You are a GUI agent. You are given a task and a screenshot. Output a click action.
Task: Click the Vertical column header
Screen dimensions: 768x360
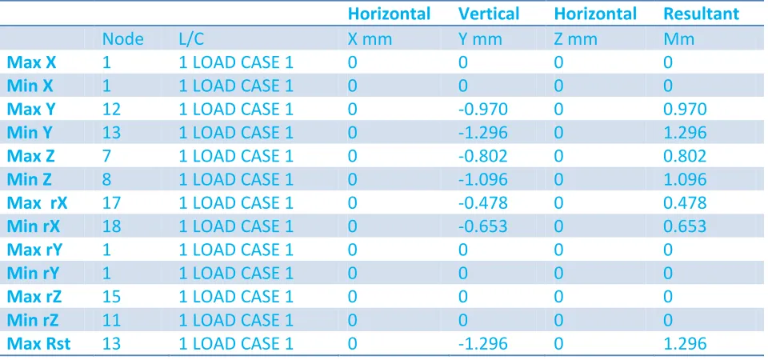click(x=488, y=14)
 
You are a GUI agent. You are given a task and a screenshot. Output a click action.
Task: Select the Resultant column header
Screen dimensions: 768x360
click(x=701, y=14)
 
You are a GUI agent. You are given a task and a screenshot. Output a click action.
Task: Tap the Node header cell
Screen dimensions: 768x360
click(x=122, y=39)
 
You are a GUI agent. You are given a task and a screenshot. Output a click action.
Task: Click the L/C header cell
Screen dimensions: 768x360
click(x=191, y=39)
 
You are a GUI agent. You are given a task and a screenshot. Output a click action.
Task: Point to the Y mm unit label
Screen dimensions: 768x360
click(x=481, y=39)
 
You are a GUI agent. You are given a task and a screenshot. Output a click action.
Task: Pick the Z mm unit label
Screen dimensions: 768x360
click(x=575, y=39)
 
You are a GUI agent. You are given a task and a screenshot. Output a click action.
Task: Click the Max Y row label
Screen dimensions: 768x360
click(x=31, y=109)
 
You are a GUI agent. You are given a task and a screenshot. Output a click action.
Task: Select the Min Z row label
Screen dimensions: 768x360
click(x=30, y=179)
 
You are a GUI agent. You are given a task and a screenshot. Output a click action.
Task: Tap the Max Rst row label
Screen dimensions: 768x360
click(x=38, y=344)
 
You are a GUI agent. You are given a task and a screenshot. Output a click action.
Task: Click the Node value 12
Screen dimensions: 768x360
click(x=111, y=109)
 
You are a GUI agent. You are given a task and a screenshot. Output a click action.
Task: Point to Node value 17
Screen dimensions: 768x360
click(x=111, y=202)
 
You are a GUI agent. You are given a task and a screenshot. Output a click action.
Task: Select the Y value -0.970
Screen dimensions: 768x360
click(x=483, y=109)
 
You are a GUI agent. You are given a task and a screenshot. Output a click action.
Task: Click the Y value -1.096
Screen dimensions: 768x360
click(x=483, y=179)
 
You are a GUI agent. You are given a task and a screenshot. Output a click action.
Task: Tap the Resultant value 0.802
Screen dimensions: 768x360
click(x=685, y=156)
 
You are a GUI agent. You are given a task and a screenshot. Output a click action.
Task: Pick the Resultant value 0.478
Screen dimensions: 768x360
click(x=685, y=202)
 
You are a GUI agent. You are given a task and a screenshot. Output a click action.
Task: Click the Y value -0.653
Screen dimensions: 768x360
click(x=483, y=226)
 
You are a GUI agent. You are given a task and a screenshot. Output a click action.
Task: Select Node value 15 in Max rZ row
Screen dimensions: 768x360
click(x=111, y=297)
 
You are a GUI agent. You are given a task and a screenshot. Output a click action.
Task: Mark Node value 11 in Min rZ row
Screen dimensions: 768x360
click(x=111, y=320)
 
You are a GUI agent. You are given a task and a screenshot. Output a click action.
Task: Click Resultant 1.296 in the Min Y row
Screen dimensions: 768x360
click(x=685, y=132)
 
